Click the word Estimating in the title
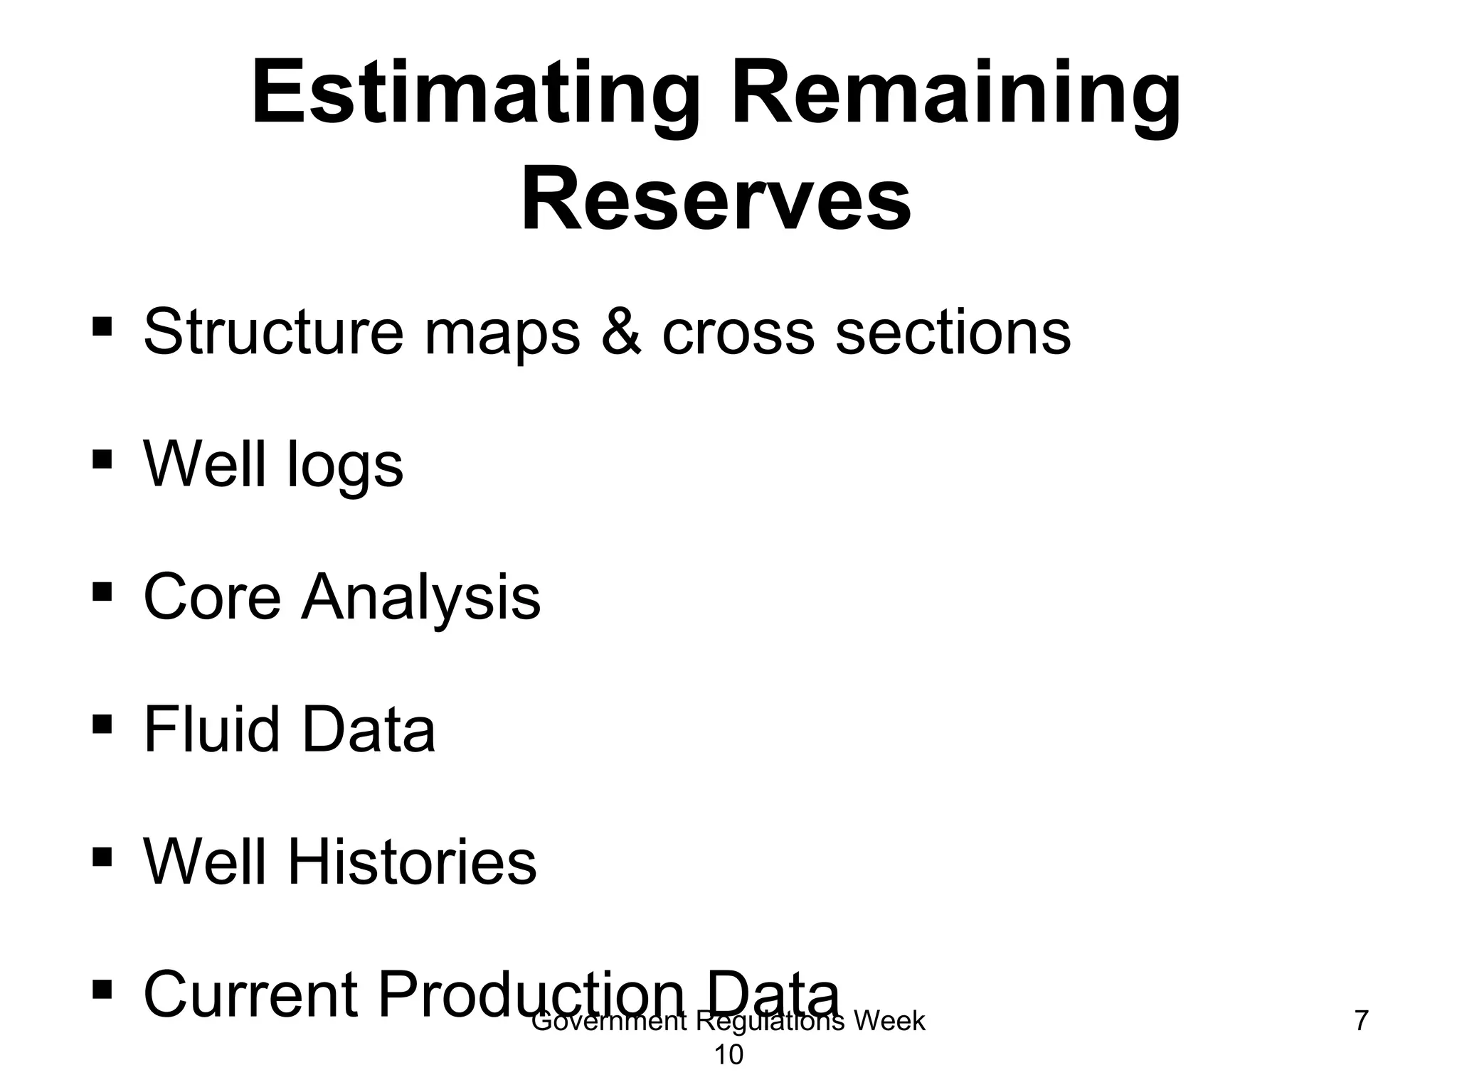(x=470, y=96)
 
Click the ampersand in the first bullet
(x=621, y=331)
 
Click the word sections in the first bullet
(x=953, y=331)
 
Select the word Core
(x=212, y=597)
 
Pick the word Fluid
(x=211, y=729)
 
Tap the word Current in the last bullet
(x=250, y=994)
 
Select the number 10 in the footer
(x=728, y=1056)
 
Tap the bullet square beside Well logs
(x=102, y=459)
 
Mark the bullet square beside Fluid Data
(x=102, y=724)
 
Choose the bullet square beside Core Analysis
(x=102, y=591)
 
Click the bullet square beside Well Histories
(x=102, y=856)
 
